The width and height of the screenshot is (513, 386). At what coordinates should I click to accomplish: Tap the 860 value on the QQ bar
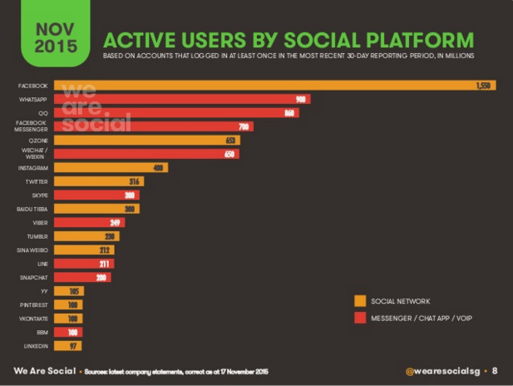[289, 113]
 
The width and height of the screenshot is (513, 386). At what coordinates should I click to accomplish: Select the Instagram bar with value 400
[111, 167]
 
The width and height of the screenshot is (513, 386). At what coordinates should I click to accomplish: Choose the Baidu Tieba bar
[96, 209]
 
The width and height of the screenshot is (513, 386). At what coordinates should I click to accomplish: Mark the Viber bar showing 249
[90, 222]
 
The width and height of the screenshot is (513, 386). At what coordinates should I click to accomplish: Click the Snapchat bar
[82, 277]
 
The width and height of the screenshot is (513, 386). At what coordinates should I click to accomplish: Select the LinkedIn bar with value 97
[68, 345]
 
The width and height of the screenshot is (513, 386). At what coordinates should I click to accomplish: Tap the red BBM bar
[68, 331]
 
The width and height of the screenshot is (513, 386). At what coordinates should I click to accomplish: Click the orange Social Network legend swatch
[360, 301]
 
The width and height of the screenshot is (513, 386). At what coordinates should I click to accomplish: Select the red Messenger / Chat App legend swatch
[360, 317]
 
